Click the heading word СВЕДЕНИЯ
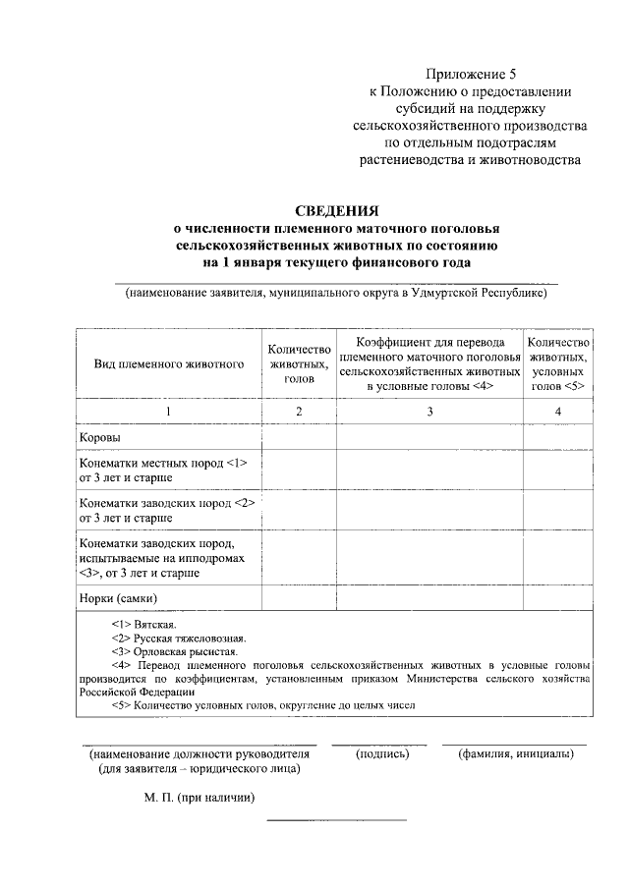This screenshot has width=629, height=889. (x=337, y=209)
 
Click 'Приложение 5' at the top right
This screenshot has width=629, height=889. (x=470, y=74)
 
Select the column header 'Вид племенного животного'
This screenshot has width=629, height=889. (x=169, y=363)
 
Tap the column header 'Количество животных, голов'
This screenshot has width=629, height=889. (x=298, y=363)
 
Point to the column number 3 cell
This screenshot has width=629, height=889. (x=429, y=412)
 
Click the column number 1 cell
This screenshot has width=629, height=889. (x=169, y=412)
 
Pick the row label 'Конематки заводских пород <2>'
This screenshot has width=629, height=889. (x=166, y=503)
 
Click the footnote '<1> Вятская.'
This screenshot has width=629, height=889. (x=144, y=624)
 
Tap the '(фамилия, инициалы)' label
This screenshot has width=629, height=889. (x=515, y=754)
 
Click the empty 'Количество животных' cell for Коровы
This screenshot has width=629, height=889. (x=298, y=436)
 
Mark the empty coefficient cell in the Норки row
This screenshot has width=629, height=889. (x=429, y=597)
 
